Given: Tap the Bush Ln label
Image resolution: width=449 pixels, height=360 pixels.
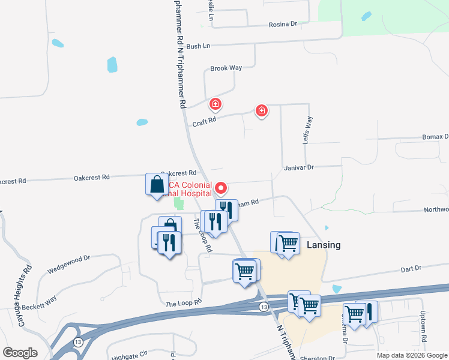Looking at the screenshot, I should pyautogui.click(x=197, y=46).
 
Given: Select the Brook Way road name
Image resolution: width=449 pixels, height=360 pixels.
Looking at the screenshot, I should pyautogui.click(x=226, y=68).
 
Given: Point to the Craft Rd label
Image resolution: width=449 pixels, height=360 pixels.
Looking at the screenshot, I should pyautogui.click(x=203, y=122).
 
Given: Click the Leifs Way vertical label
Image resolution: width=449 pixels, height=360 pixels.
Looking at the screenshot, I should pyautogui.click(x=309, y=128).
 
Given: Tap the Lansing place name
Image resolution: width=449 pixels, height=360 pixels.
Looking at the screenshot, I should pyautogui.click(x=324, y=245).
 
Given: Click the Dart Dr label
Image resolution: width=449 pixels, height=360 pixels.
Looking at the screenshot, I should pyautogui.click(x=411, y=269).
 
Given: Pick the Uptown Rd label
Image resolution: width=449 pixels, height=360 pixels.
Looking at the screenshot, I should pyautogui.click(x=423, y=331).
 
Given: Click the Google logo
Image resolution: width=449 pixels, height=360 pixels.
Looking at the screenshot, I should pyautogui.click(x=20, y=353).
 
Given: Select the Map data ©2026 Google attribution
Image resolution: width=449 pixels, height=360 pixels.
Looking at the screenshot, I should pyautogui.click(x=411, y=355).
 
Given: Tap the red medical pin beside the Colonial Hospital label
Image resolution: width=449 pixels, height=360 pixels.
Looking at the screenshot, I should pyautogui.click(x=221, y=188).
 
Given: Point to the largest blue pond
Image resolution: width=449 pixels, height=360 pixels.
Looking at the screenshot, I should pyautogui.click(x=112, y=64).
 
